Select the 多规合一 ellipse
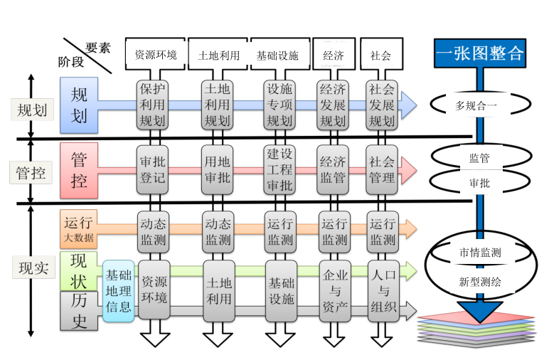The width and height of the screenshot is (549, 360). pyautogui.click(x=480, y=106)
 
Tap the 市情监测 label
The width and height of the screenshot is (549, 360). pyautogui.click(x=480, y=253)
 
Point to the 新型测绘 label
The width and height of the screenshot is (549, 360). pyautogui.click(x=480, y=281)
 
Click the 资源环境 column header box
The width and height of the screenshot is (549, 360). pyautogui.click(x=156, y=55)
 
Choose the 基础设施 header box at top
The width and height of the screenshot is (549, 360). pyautogui.click(x=278, y=55)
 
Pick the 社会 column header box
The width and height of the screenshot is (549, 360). pyautogui.click(x=380, y=55)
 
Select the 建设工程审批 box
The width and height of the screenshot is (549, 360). pyautogui.click(x=279, y=169)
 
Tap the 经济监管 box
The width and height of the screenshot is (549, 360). pyautogui.click(x=333, y=169)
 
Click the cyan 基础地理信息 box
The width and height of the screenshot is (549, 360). pyautogui.click(x=118, y=290)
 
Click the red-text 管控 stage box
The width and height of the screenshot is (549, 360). pyautogui.click(x=80, y=169)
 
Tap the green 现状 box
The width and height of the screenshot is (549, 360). pyautogui.click(x=79, y=270)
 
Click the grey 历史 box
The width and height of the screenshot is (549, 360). pyautogui.click(x=79, y=311)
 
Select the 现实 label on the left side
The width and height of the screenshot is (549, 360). pyautogui.click(x=32, y=268)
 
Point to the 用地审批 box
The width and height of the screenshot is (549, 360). pyautogui.click(x=217, y=169)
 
